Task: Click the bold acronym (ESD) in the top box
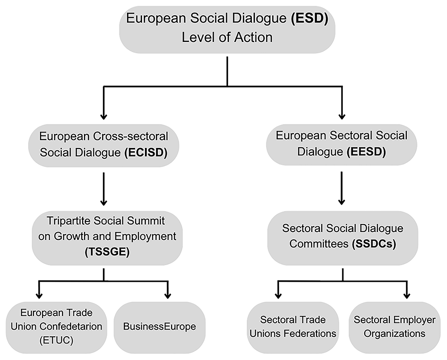click(x=309, y=18)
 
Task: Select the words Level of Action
click(x=227, y=38)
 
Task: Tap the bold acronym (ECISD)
click(x=146, y=152)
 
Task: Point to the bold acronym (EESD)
click(x=366, y=152)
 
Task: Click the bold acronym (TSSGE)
click(x=107, y=252)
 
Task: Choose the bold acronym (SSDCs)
click(x=374, y=244)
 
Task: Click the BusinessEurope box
click(x=160, y=327)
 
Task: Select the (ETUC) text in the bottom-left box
click(x=56, y=340)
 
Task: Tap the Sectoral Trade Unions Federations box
click(x=293, y=327)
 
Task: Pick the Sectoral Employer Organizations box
click(x=395, y=327)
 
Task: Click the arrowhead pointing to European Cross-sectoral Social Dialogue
click(x=104, y=116)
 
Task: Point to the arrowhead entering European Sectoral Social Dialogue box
click(x=342, y=116)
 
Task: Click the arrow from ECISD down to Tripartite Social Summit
click(x=104, y=189)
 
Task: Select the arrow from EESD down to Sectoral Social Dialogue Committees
click(x=342, y=188)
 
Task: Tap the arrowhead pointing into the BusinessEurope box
click(x=168, y=296)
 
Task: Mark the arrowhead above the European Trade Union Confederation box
click(x=39, y=296)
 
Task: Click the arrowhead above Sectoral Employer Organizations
click(x=407, y=296)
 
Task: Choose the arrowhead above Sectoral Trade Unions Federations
click(x=278, y=296)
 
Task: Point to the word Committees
click(x=319, y=244)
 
